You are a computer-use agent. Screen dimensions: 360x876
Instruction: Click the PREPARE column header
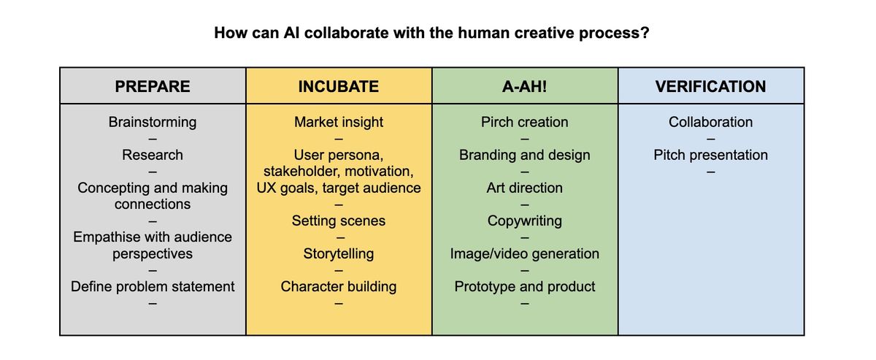pos(153,87)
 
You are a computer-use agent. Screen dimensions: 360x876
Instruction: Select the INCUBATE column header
pos(339,87)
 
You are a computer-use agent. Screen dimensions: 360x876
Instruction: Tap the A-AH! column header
pos(525,87)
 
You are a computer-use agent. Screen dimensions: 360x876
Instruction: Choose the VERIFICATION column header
pos(710,87)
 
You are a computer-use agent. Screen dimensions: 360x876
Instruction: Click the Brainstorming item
pos(153,122)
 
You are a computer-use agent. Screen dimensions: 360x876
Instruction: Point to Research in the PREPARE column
pos(153,155)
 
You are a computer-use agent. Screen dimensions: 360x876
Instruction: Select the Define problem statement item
pos(153,286)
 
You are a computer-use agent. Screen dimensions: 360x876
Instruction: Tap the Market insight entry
pos(339,122)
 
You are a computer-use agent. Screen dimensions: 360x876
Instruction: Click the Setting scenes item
pos(339,221)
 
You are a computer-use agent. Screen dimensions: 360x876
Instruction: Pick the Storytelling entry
pos(339,253)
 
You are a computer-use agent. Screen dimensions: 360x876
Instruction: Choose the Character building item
pos(339,286)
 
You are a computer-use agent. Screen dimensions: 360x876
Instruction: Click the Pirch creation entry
pos(525,122)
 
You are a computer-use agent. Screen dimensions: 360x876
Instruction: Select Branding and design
pos(525,155)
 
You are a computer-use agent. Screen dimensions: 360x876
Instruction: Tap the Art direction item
pos(525,188)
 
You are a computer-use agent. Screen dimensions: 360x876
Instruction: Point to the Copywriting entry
pos(525,221)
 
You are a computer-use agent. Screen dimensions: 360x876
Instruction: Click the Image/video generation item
pos(525,253)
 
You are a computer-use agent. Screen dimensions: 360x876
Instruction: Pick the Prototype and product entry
pos(525,286)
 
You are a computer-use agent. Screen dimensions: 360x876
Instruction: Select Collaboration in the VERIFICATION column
pos(710,122)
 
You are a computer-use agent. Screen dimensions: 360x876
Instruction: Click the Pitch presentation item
pos(710,155)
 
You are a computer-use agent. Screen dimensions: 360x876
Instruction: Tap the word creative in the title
pos(534,34)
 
